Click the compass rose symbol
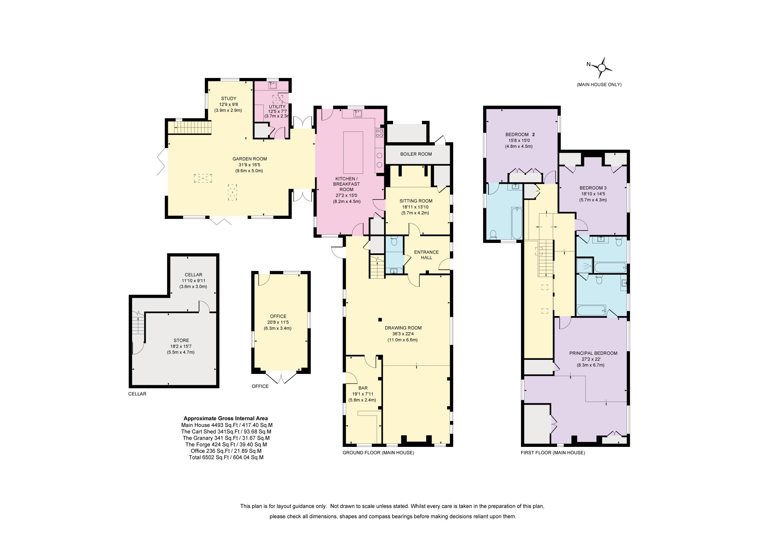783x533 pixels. tap(602, 68)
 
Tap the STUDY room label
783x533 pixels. tap(229, 99)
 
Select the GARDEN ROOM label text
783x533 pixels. tap(250, 159)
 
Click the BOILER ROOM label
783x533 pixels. tap(416, 154)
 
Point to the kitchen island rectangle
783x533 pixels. tap(353, 152)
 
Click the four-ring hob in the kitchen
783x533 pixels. tap(379, 133)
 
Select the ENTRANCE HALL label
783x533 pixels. tap(427, 255)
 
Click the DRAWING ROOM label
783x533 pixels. tap(403, 328)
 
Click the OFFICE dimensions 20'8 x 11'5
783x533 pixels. tap(278, 323)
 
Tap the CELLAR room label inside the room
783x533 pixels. tap(193, 275)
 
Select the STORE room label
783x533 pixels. tap(181, 340)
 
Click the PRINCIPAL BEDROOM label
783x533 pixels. tap(593, 353)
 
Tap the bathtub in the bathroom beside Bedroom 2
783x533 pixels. tap(517, 223)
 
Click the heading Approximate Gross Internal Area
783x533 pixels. tap(226, 418)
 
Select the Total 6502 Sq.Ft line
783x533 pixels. tap(226, 458)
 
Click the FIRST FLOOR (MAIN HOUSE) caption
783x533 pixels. tap(553, 453)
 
